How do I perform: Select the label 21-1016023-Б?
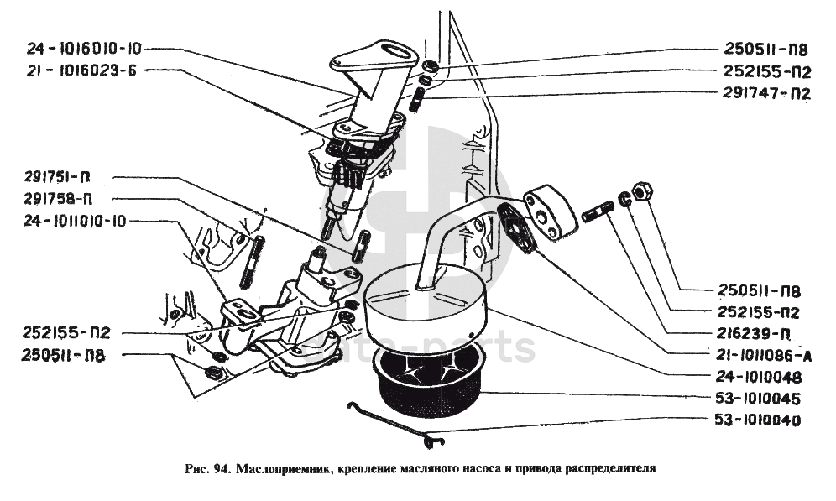[x=81, y=70]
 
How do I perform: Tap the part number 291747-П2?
[x=765, y=93]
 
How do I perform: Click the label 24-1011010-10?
[x=76, y=222]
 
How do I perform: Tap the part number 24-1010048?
[x=760, y=377]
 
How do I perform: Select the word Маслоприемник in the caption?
[x=282, y=469]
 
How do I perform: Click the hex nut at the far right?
[x=640, y=192]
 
